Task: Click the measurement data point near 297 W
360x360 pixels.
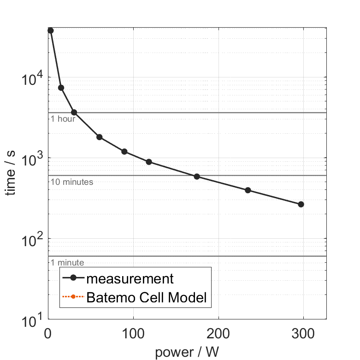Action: coord(301,204)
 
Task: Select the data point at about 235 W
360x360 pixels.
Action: coord(248,190)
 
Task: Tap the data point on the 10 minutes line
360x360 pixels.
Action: coord(197,177)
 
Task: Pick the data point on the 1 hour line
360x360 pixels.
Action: coord(74,112)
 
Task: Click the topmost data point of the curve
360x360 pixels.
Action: coord(51,30)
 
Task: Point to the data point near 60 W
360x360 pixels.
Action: coord(99,137)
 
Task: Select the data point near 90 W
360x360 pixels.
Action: coord(124,152)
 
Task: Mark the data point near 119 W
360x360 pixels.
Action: coord(149,162)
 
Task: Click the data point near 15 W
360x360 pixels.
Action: coord(61,88)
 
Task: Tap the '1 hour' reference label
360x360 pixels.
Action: coord(63,119)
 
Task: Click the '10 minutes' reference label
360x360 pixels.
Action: coord(72,182)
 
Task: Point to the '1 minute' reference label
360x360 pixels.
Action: coord(67,263)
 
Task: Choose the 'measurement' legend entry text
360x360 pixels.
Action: coord(130,279)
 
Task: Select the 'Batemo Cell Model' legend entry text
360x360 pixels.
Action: coord(147,297)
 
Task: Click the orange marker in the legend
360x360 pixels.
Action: coord(72,298)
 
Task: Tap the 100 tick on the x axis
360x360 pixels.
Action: coord(133,332)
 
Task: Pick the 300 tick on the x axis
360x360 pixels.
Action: coord(304,332)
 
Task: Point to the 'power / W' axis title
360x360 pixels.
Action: coord(187,352)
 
